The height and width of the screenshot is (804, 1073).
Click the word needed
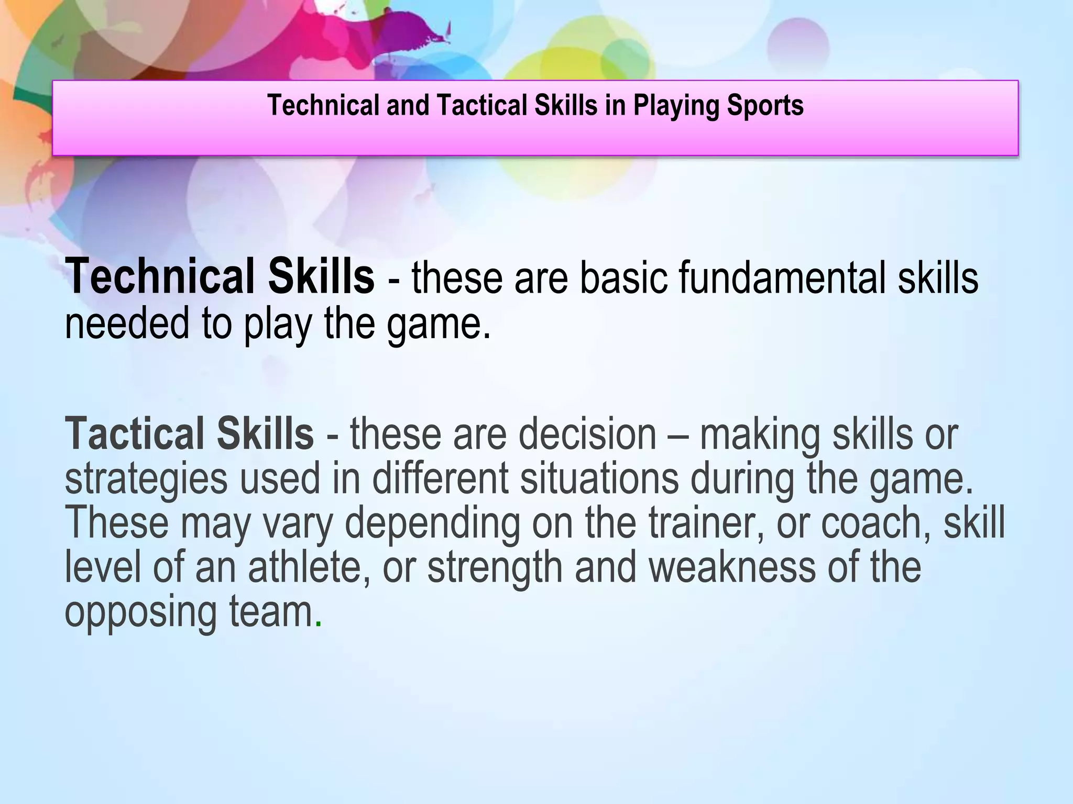click(x=126, y=323)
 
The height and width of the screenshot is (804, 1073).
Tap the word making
click(x=760, y=434)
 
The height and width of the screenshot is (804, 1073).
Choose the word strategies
click(x=146, y=479)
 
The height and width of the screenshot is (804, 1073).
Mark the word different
click(x=440, y=478)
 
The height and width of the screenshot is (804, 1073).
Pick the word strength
click(x=495, y=568)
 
